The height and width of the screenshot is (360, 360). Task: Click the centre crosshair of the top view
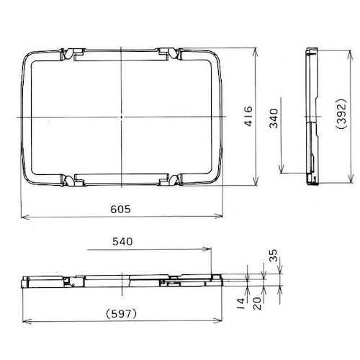(122, 116)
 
